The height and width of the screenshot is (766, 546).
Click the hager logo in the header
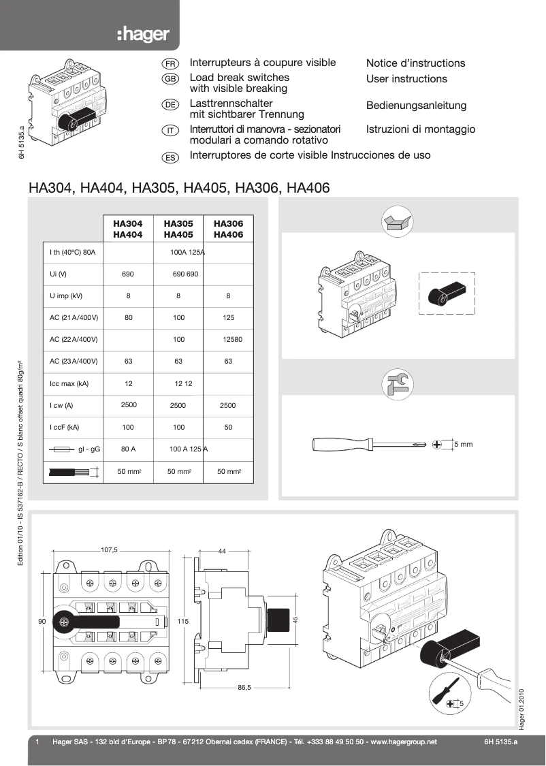click(143, 34)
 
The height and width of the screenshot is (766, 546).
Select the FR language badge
click(170, 63)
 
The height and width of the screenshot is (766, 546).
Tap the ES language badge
click(170, 157)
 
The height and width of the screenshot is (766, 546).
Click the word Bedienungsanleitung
click(416, 106)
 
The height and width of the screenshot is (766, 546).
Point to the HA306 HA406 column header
click(228, 229)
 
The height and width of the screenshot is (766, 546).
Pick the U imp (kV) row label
click(66, 296)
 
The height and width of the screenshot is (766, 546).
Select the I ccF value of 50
click(228, 428)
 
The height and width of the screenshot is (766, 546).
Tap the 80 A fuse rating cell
click(129, 449)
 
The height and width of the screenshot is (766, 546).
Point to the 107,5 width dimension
click(109, 549)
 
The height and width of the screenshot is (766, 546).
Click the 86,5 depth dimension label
click(244, 688)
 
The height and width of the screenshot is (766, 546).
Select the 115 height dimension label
click(182, 622)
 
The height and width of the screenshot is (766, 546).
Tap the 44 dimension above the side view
click(222, 551)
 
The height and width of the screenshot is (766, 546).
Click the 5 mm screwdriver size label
click(463, 444)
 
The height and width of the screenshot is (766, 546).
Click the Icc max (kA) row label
click(69, 384)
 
